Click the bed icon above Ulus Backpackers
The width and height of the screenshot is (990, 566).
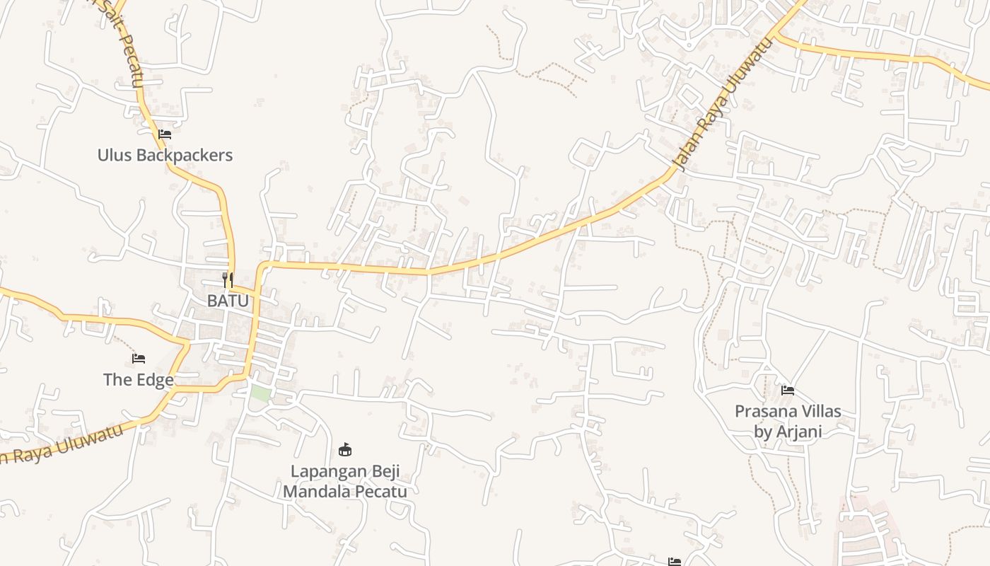tap(165, 134)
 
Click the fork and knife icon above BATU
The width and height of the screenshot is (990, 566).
tap(228, 279)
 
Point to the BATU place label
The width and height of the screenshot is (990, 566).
tap(228, 301)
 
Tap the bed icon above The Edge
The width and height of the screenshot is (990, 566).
tap(139, 359)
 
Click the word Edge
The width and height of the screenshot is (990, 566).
tap(155, 380)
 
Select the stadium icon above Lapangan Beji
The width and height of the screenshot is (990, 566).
tap(345, 449)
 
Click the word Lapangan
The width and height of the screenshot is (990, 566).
tap(328, 471)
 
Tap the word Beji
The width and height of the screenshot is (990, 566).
tap(385, 471)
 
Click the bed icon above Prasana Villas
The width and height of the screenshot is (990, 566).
tap(788, 390)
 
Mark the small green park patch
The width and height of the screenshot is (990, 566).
tap(260, 394)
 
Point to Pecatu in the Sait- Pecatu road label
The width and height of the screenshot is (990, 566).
tap(131, 67)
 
